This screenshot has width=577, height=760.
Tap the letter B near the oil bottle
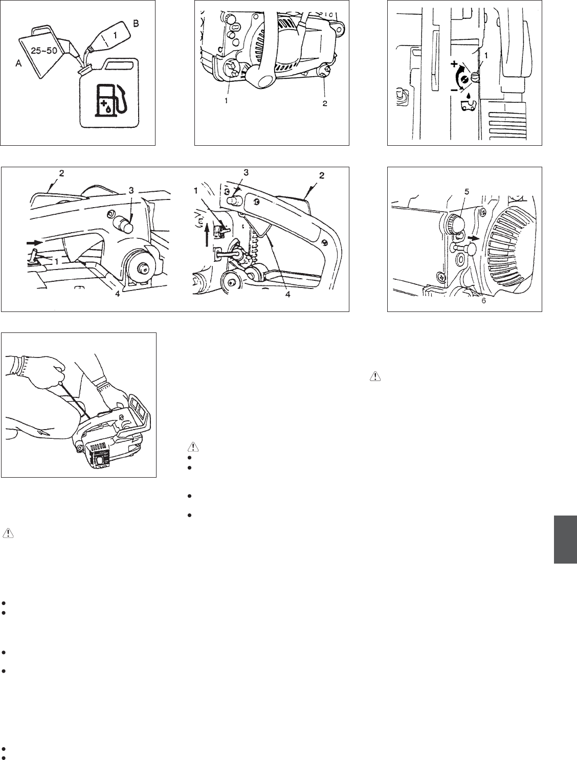(x=136, y=24)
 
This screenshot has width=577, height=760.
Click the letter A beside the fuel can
(x=19, y=64)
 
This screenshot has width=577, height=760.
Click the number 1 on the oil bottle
(x=115, y=35)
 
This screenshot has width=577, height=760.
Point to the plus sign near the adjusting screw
(x=454, y=64)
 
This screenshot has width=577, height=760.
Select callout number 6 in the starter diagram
(x=483, y=301)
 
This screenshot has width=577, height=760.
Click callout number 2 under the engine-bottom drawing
(x=325, y=103)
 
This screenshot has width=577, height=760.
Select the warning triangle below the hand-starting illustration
(x=8, y=533)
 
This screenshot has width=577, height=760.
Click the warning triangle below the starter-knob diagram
(x=375, y=376)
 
